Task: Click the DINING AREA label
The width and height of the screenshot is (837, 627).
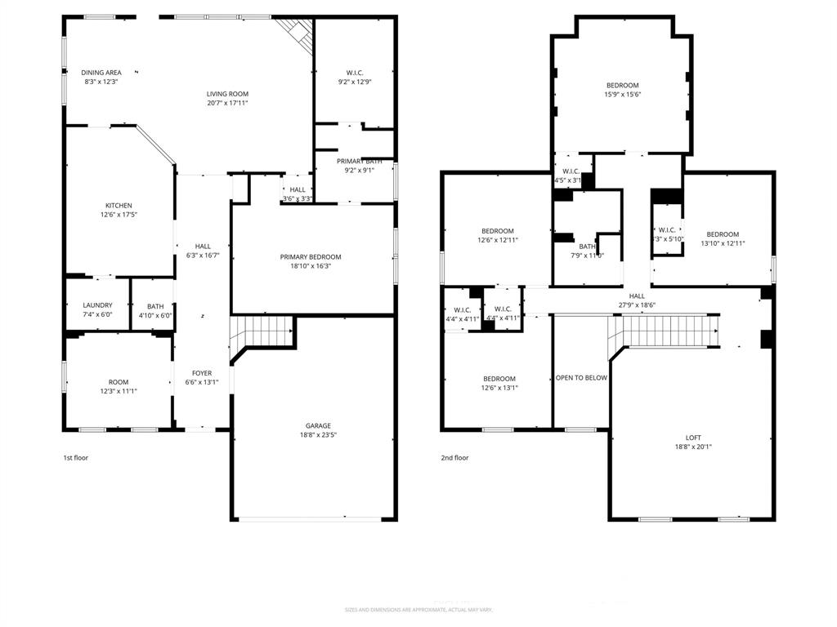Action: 101,73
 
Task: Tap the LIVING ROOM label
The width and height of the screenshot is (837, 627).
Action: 227,94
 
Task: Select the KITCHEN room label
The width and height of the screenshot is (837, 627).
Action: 119,206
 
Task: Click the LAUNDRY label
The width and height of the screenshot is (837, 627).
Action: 97,306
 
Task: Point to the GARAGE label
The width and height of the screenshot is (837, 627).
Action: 318,425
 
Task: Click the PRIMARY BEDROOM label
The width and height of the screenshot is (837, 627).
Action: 311,257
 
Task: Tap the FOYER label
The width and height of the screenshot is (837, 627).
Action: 201,373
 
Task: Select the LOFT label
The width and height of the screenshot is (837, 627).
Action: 687,438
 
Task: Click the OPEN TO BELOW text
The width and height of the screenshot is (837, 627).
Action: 581,378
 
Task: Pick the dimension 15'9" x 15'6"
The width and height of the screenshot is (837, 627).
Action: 622,95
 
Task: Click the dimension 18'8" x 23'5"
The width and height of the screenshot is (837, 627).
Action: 318,435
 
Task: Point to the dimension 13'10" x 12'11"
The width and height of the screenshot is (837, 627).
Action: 723,243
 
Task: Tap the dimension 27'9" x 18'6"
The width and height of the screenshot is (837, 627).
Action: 637,305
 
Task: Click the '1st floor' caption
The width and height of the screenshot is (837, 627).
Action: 75,458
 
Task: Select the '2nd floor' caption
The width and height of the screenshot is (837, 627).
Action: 454,458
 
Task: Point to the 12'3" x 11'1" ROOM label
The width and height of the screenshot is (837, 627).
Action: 119,382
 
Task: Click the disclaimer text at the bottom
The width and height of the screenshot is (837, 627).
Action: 418,610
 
